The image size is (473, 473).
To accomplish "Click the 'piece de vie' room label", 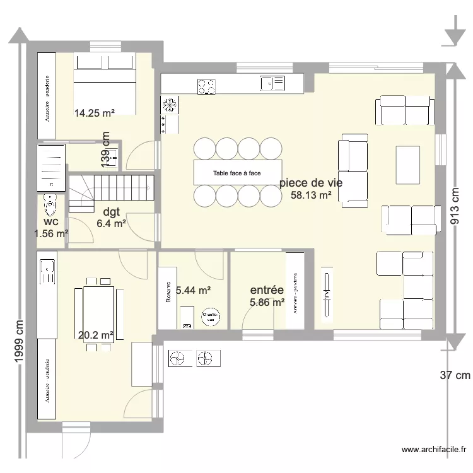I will pyautogui.click(x=311, y=183).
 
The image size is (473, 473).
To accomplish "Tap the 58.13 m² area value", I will pyautogui.click(x=311, y=196).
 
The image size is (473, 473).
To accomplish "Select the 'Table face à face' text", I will pyautogui.click(x=237, y=173).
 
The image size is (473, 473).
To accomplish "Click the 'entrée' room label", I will pyautogui.click(x=266, y=290).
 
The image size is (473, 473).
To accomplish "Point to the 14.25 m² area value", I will pyautogui.click(x=95, y=114).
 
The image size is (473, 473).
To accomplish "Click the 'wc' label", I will pyautogui.click(x=52, y=222).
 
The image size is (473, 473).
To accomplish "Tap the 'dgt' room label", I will pyautogui.click(x=112, y=211).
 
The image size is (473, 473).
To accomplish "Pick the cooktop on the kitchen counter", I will pyautogui.click(x=206, y=86).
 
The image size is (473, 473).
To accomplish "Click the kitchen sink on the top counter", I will pyautogui.click(x=272, y=83).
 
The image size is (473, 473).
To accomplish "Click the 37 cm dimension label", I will pyautogui.click(x=455, y=375).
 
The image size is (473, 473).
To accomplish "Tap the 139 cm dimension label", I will pyautogui.click(x=105, y=149).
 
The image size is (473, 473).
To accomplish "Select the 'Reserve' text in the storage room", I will pyautogui.click(x=168, y=293).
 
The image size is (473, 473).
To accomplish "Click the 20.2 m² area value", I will pyautogui.click(x=95, y=336).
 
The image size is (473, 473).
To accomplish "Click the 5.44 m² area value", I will pyautogui.click(x=193, y=290).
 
